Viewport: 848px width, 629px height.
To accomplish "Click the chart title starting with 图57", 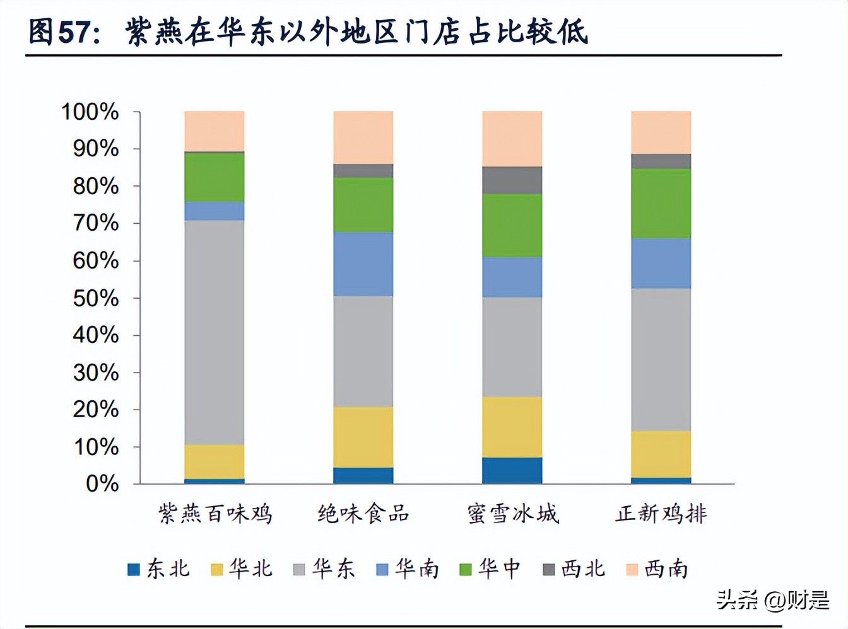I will click(x=309, y=32).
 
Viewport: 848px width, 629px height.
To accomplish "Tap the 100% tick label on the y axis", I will click(x=90, y=112).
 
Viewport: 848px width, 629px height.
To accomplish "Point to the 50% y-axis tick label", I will click(x=95, y=298).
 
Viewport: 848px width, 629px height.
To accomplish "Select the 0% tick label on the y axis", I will click(x=102, y=484).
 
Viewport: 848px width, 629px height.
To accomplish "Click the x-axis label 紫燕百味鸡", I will click(x=215, y=514).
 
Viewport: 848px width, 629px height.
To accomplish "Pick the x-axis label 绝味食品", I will click(x=363, y=514).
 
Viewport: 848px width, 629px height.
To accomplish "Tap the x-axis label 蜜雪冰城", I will click(x=513, y=514).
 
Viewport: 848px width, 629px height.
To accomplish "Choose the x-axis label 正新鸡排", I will click(x=661, y=514).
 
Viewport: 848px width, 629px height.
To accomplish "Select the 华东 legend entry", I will click(x=324, y=569).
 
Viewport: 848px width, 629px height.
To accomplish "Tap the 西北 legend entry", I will click(x=574, y=569).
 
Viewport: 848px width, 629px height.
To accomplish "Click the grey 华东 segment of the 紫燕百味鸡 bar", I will click(x=215, y=332).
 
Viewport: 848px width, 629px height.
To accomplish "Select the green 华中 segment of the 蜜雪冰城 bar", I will click(x=512, y=225).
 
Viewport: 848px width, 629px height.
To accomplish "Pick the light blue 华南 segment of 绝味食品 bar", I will click(x=363, y=263).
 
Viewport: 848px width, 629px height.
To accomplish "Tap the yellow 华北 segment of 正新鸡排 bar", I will click(x=661, y=454).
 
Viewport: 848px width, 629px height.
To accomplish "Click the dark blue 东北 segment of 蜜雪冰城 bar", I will click(x=512, y=470).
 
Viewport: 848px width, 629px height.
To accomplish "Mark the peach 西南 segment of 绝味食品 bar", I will click(x=363, y=137).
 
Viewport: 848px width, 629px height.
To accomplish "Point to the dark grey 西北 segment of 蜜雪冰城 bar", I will click(x=512, y=180).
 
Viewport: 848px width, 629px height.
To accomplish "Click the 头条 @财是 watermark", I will click(x=773, y=599).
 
